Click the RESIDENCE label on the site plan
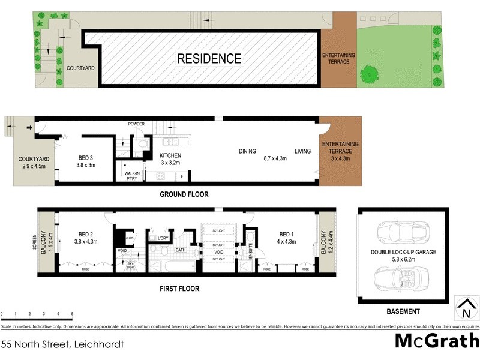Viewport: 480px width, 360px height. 209,59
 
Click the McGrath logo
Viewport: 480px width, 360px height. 436,341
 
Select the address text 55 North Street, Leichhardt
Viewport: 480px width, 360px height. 63,344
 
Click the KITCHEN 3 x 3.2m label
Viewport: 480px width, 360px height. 170,159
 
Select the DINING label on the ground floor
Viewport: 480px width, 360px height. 247,151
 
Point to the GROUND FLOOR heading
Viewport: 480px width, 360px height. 184,194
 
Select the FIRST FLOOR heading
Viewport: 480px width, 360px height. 179,289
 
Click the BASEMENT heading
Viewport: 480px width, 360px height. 403,311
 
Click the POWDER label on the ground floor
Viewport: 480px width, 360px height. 136,124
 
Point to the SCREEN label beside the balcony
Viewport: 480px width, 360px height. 35,241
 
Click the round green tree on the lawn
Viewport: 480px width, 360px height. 369,74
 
